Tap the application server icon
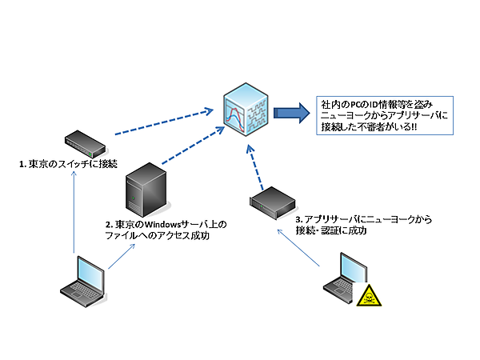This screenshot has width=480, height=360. tap(270, 202)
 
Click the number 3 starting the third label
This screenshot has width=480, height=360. tap(298, 218)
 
